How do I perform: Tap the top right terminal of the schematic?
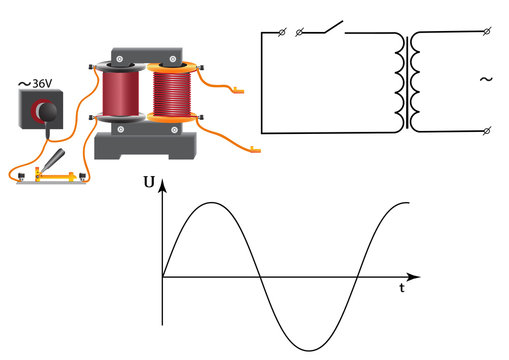(485, 33)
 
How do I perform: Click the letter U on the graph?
(149, 183)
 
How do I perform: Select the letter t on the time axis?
(401, 287)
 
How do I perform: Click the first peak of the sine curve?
(211, 203)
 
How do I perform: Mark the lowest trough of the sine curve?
(308, 349)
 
